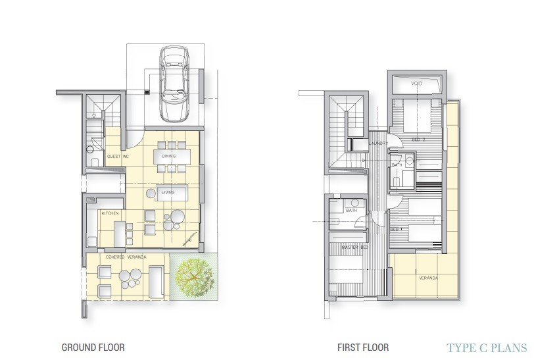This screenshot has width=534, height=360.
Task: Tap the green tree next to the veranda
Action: coord(193,277)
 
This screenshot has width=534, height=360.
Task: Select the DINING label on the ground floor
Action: coord(169,157)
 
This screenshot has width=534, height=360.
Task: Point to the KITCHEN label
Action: coord(110,214)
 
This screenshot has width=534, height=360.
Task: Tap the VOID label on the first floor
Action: coord(417,84)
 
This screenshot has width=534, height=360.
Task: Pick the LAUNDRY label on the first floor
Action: coord(378,143)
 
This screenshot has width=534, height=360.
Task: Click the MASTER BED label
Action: coord(353,247)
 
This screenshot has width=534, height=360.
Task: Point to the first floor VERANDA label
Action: coord(427,278)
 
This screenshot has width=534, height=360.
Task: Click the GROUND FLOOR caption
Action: coord(93,347)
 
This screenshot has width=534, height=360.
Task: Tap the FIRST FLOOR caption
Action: coord(363,347)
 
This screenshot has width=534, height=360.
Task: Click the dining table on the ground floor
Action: coord(172,157)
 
